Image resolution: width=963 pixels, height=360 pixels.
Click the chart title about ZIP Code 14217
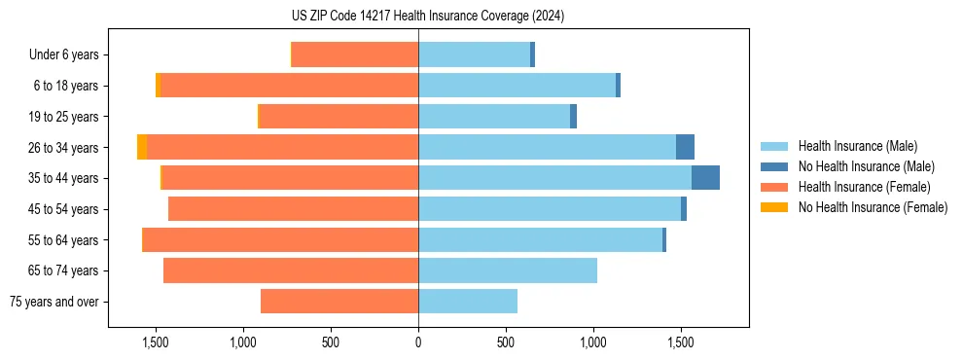428,16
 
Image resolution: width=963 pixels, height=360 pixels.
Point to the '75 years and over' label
54,302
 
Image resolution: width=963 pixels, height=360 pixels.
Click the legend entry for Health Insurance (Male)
857,146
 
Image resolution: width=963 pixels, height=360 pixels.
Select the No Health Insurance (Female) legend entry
873,207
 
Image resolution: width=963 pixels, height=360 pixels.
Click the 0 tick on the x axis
418,342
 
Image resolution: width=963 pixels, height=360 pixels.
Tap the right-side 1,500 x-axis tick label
681,342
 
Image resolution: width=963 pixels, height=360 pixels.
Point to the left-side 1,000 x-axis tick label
243,342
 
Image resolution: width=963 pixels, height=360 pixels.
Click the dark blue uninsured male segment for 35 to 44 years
705,178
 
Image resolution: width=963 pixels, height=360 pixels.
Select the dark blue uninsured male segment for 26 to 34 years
685,147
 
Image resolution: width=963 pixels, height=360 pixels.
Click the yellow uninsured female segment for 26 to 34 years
142,147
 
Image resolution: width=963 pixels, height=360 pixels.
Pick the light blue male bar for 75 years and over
468,302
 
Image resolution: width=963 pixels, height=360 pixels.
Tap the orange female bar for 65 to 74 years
291,270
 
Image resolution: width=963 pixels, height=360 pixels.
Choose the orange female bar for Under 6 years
355,54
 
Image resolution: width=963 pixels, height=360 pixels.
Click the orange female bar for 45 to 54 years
293,209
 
